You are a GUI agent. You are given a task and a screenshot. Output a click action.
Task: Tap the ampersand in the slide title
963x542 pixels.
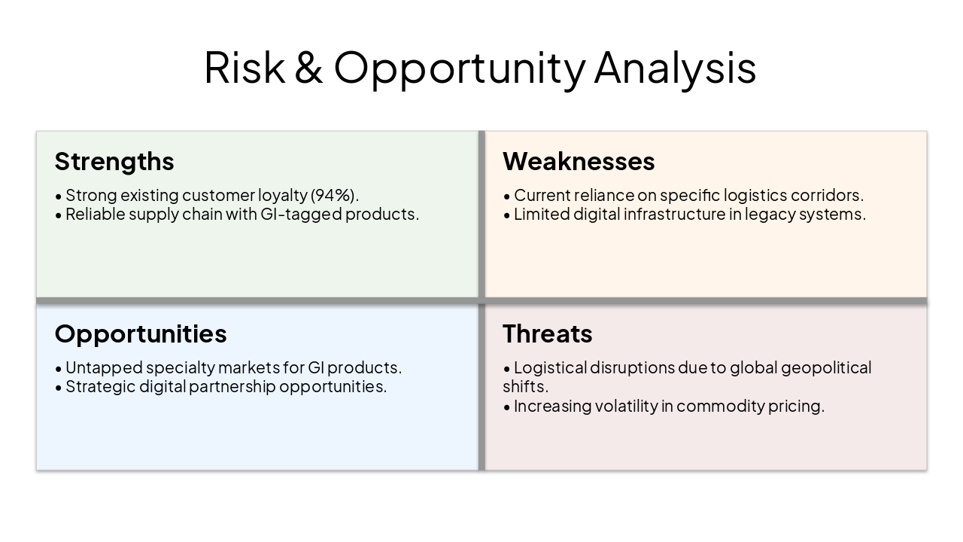point(309,67)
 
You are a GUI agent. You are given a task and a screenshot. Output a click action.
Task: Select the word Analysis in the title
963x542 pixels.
point(675,67)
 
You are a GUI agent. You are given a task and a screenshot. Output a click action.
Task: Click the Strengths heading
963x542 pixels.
point(114,161)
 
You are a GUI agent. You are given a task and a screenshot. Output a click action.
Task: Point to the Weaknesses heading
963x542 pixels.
point(579,161)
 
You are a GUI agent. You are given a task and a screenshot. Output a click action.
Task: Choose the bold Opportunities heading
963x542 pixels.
point(141,333)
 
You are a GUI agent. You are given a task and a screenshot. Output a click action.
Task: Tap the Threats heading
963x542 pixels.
point(548,333)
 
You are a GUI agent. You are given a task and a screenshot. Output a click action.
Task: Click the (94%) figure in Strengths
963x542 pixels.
point(335,195)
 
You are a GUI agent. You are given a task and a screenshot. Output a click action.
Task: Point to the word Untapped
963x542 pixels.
point(103,367)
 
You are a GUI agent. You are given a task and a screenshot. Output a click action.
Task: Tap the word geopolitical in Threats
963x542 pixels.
point(826,367)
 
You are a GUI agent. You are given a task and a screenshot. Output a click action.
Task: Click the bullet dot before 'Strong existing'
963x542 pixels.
point(59,196)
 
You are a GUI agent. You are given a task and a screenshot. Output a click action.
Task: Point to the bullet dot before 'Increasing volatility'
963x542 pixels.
point(507,406)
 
